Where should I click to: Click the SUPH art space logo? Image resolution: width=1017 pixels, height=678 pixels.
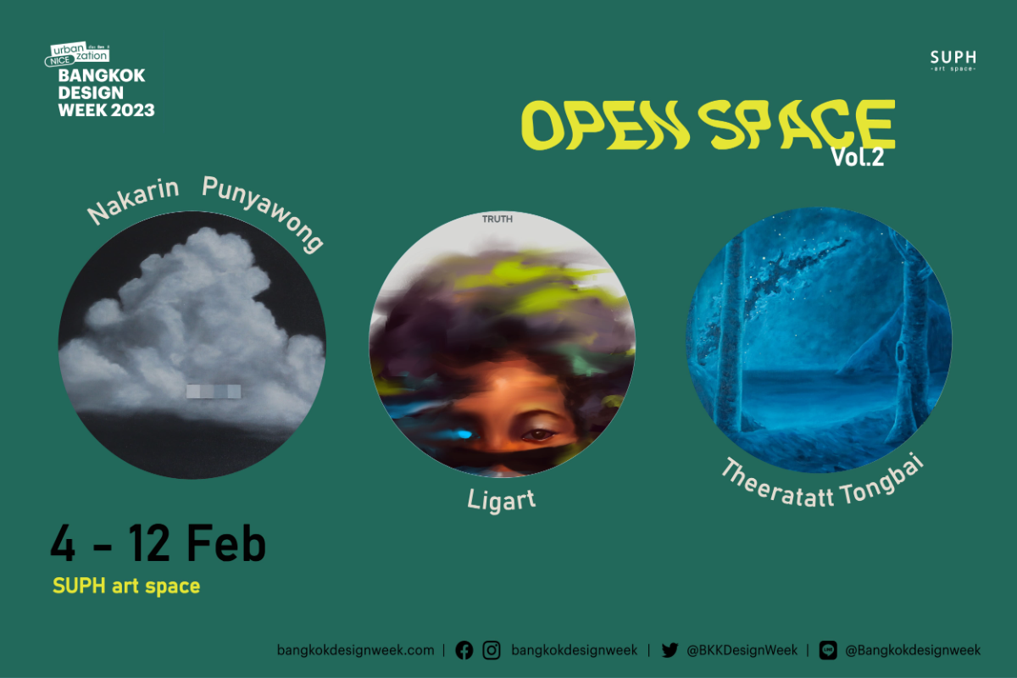pyautogui.click(x=953, y=60)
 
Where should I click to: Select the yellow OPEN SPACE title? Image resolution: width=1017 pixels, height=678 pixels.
pyautogui.click(x=708, y=125)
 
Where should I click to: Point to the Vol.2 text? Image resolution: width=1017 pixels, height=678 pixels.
pyautogui.click(x=857, y=158)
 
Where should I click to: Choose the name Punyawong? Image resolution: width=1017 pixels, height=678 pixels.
pyautogui.click(x=264, y=212)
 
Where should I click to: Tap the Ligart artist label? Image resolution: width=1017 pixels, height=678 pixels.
pyautogui.click(x=501, y=499)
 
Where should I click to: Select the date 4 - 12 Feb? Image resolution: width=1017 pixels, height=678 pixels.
pyautogui.click(x=158, y=545)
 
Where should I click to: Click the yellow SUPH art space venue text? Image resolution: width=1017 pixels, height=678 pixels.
pyautogui.click(x=126, y=586)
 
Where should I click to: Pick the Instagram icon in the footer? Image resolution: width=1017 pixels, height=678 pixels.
pyautogui.click(x=492, y=650)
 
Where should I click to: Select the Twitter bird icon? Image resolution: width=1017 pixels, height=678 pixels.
pyautogui.click(x=670, y=650)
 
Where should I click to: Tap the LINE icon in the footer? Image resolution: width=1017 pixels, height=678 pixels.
pyautogui.click(x=828, y=650)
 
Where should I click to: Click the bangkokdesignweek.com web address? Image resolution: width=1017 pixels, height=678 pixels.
pyautogui.click(x=355, y=650)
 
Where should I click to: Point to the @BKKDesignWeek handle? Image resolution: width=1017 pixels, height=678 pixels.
pyautogui.click(x=742, y=650)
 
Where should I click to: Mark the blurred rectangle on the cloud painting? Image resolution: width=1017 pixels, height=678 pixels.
pyautogui.click(x=213, y=391)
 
